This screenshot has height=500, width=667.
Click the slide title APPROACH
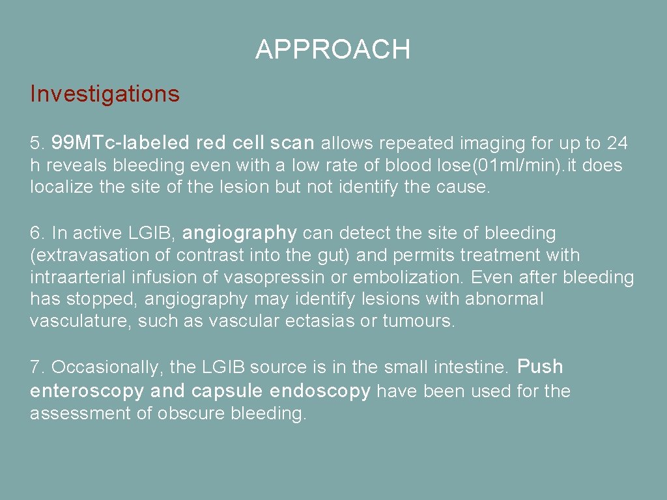333,49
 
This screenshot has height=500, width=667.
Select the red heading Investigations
105,94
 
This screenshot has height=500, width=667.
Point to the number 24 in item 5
617,143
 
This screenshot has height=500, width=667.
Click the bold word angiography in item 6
240,233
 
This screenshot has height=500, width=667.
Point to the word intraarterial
78,277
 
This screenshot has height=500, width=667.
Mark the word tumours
418,322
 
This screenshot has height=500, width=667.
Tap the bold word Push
540,367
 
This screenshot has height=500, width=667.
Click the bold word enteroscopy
87,391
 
